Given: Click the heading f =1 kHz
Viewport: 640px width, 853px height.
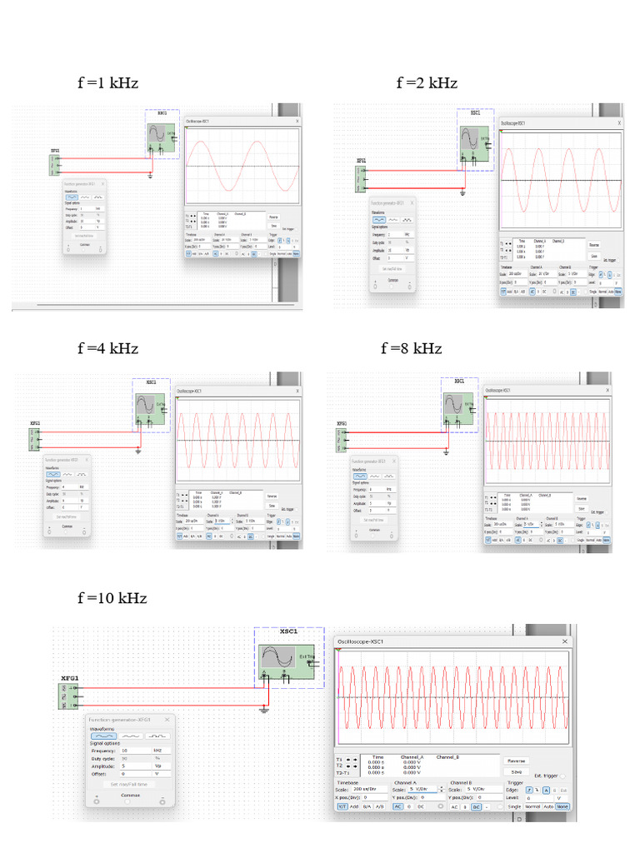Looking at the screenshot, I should (x=107, y=83).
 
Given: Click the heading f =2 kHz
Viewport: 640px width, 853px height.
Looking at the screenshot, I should (x=427, y=83).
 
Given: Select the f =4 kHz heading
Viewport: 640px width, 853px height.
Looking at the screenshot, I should (x=107, y=348).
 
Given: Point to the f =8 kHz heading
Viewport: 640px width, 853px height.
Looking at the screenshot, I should (x=411, y=348).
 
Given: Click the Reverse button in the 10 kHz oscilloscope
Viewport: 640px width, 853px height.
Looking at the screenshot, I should (x=517, y=761).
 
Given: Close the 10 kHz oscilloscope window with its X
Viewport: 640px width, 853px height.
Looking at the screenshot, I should (x=565, y=642).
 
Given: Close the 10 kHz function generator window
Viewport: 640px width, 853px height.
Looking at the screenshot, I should (x=167, y=719).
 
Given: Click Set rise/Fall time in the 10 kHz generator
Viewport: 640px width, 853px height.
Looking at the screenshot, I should (x=129, y=784).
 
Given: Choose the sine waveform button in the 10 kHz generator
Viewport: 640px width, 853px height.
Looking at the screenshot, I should (x=103, y=736).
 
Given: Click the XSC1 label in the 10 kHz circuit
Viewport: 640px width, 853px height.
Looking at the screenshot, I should (x=288, y=632).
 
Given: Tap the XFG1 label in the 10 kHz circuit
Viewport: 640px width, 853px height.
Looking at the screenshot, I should (x=69, y=678).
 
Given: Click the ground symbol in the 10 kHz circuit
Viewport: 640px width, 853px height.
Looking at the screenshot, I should (x=264, y=709).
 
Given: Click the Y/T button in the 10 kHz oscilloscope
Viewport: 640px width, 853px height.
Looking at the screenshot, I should (x=342, y=806).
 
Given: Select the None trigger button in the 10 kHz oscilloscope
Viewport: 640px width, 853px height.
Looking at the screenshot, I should (x=563, y=806).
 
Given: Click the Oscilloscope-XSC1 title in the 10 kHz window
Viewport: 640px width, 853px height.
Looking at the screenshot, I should (x=361, y=642).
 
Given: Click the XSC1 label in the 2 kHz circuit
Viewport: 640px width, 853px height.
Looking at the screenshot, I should (x=475, y=112).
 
